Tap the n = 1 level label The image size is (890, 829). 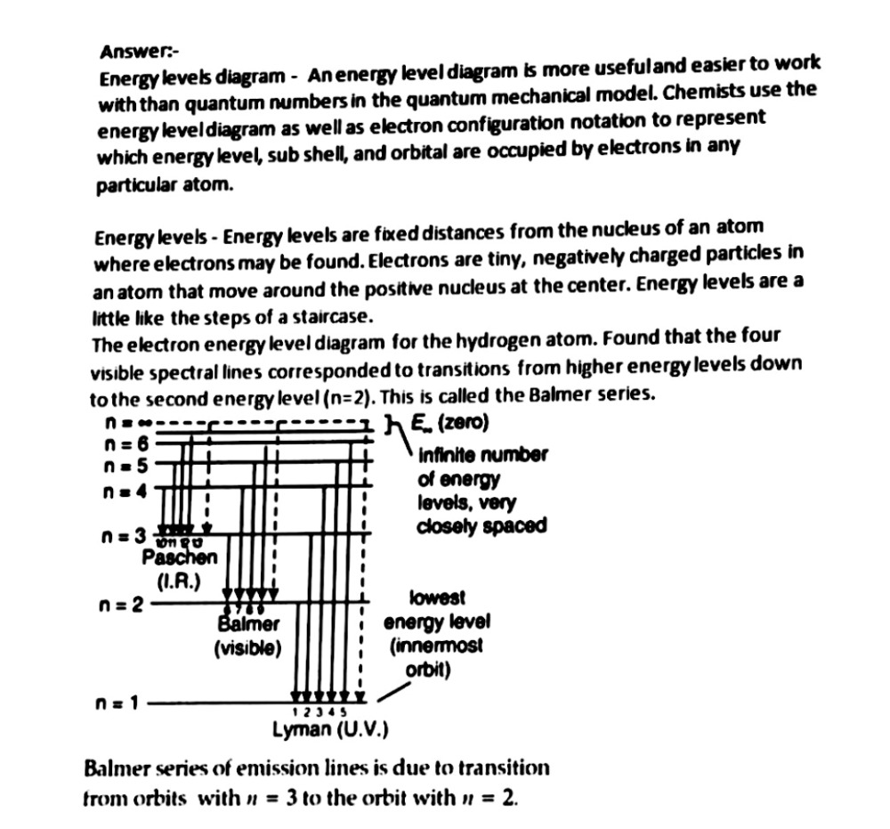pyautogui.click(x=117, y=703)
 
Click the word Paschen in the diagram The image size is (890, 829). pyautogui.click(x=179, y=559)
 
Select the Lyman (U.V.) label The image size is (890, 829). pyautogui.click(x=330, y=733)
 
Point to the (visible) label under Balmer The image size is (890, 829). pyautogui.click(x=247, y=648)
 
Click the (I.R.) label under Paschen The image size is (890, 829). pyautogui.click(x=180, y=583)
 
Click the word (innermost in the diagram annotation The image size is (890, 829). pyautogui.click(x=436, y=645)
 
